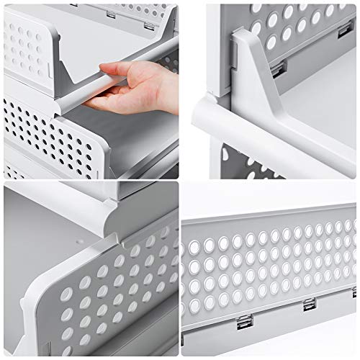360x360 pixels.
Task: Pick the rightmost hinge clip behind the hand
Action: [x=148, y=25]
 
